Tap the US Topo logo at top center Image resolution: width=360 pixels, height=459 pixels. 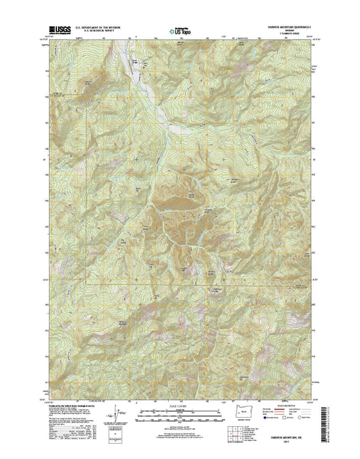[180, 34]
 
